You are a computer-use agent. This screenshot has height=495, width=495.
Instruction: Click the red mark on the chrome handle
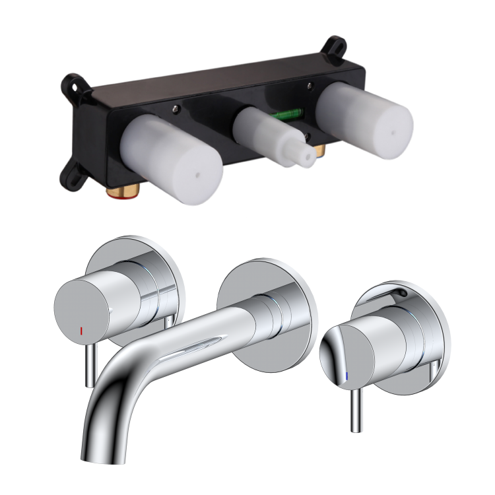click(x=81, y=328)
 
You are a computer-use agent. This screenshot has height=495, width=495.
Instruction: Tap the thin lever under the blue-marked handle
click(x=355, y=409)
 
